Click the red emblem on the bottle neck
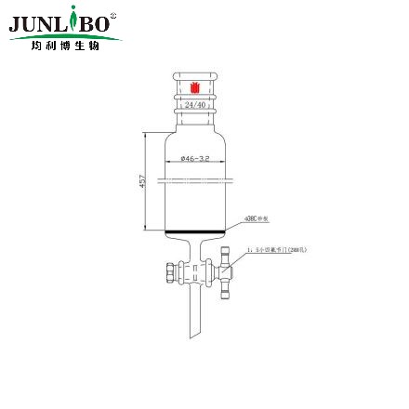[x=195, y=89]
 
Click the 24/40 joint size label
[x=195, y=106]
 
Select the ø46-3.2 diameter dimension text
[x=195, y=159]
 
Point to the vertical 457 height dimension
[x=142, y=179]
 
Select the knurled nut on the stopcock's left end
[x=168, y=275]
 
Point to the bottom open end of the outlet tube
[x=195, y=335]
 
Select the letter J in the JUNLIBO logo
[x=16, y=23]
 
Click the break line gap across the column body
[x=195, y=175]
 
